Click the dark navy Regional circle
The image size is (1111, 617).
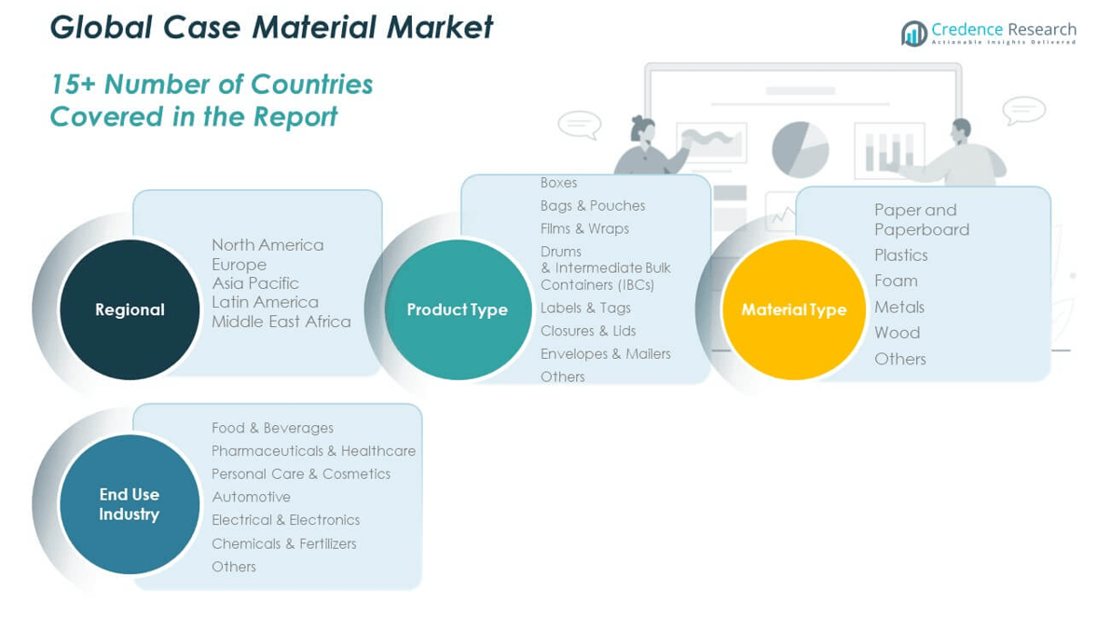(x=130, y=309)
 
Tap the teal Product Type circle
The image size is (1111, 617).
(x=458, y=309)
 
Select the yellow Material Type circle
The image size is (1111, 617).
(x=793, y=309)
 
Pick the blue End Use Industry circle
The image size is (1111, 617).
(x=130, y=504)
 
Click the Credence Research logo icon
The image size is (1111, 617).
(x=914, y=34)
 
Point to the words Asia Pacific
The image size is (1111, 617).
(x=255, y=283)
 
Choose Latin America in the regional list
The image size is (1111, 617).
(x=265, y=303)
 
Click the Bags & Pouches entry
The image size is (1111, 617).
(x=593, y=205)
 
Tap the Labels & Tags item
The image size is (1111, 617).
(x=585, y=308)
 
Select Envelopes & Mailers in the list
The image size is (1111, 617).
(x=605, y=353)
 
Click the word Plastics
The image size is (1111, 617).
(x=900, y=255)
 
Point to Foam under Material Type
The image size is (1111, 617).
(x=896, y=281)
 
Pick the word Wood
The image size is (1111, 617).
(x=897, y=333)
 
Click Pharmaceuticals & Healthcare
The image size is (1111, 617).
(x=313, y=451)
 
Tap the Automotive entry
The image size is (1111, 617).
(x=251, y=498)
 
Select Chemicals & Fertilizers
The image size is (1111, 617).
(x=283, y=544)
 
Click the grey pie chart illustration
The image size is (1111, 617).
(x=800, y=149)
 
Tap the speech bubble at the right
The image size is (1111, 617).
(x=1023, y=110)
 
